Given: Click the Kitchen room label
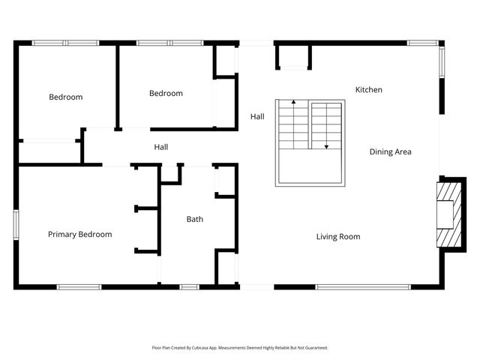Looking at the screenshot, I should pos(368,90).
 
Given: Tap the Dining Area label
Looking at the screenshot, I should pos(390,152).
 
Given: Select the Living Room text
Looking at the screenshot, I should pos(337,237).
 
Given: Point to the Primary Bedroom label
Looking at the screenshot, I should pos(79,235).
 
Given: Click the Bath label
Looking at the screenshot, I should pos(195,220).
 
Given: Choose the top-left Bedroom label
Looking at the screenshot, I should pos(66,97).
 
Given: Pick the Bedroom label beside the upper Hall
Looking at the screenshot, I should pos(166,94).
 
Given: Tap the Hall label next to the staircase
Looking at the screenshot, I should pos(257,117).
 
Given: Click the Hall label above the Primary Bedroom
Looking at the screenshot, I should pos(160,147).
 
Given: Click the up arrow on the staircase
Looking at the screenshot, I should pos(293,101).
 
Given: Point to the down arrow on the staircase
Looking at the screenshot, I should pos(326,146).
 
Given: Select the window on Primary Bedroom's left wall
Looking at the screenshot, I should pos(16,224).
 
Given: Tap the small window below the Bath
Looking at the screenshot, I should pos(189,286).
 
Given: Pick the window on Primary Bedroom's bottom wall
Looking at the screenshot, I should pos(79,286).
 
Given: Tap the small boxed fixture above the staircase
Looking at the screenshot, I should pos(293,57).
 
